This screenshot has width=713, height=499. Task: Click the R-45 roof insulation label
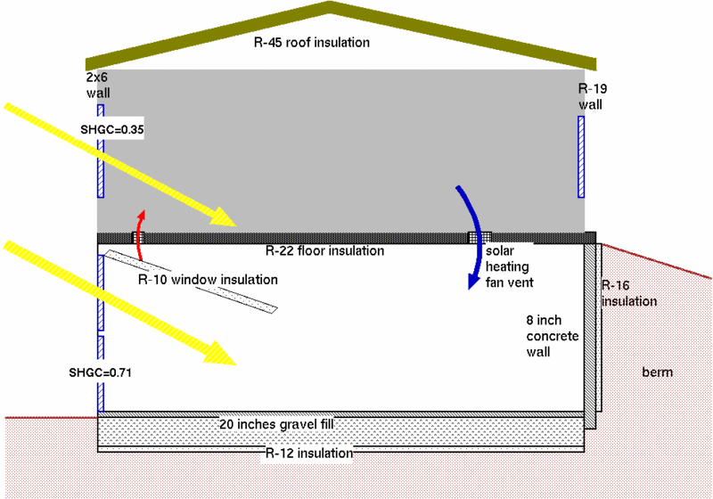point(310,42)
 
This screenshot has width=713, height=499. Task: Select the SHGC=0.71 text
point(100,370)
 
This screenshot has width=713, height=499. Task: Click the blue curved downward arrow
point(471,236)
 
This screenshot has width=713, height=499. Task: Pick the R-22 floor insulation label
point(324,251)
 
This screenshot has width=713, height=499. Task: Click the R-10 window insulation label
point(208,280)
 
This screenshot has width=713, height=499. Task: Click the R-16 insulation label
point(629,294)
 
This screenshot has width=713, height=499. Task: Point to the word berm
point(657,372)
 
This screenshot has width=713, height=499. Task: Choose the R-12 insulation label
point(308,454)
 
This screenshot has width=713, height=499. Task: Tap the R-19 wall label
point(591,96)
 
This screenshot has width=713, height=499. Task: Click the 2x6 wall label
point(97,85)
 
